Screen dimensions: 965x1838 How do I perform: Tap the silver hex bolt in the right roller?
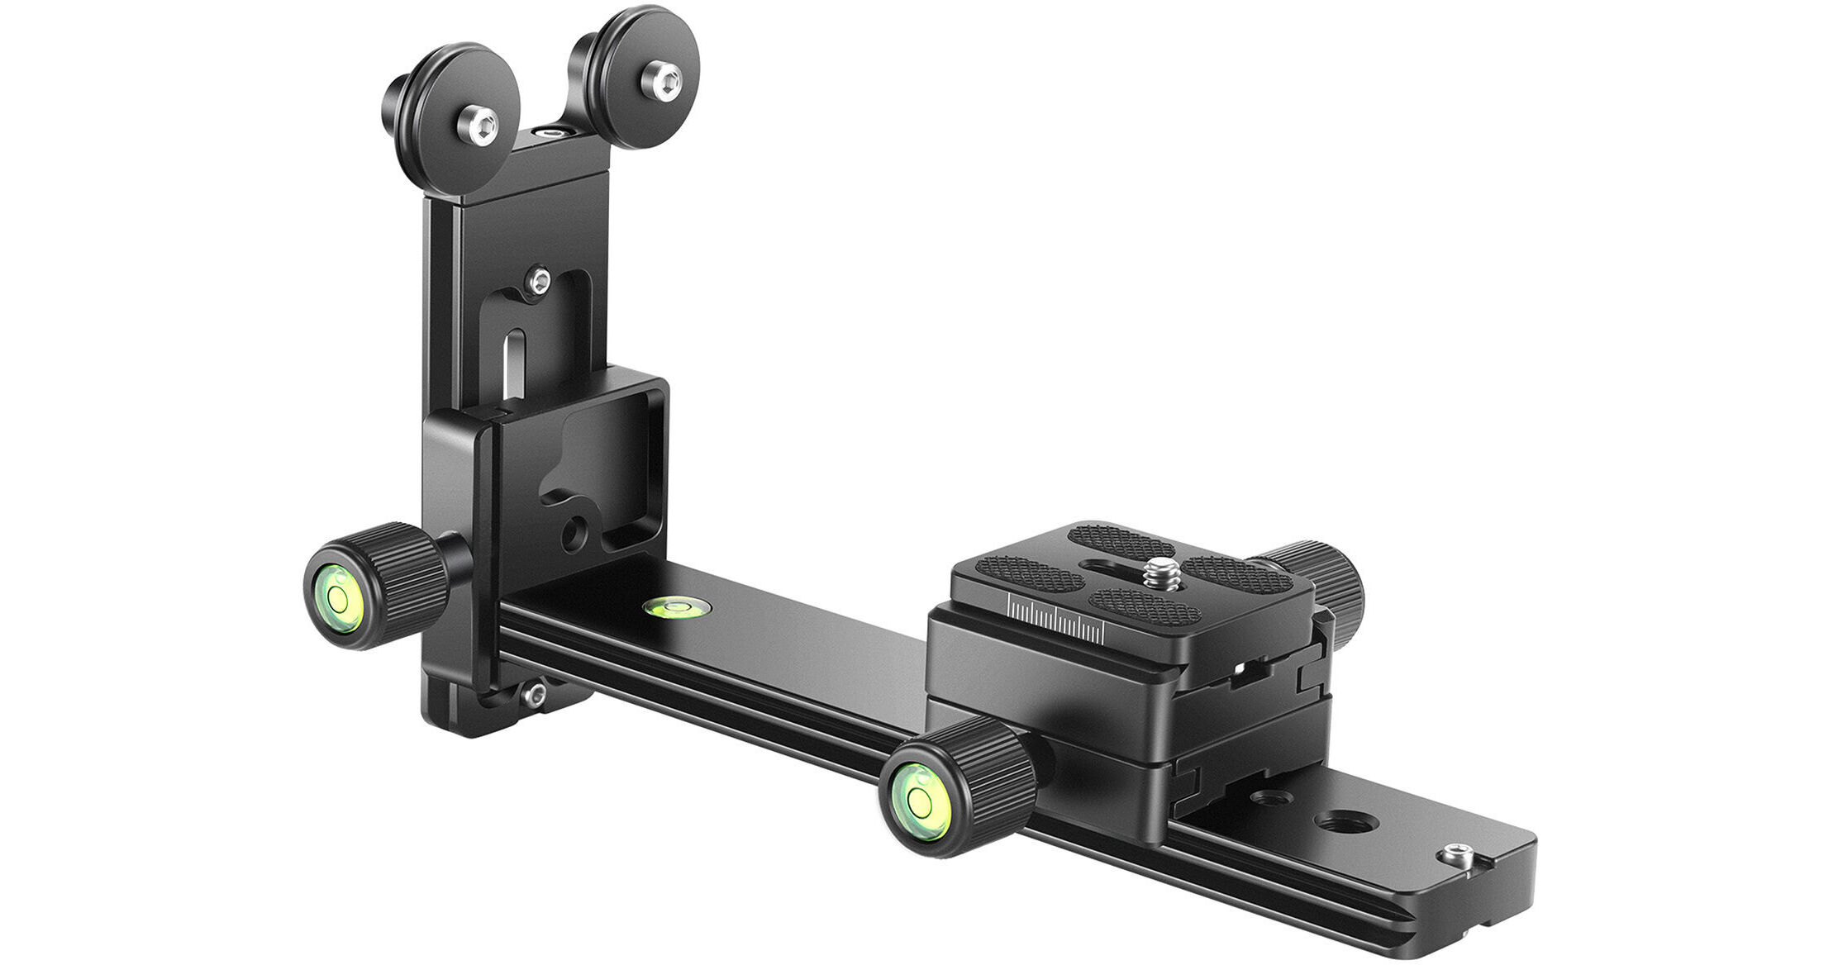pyautogui.click(x=662, y=81)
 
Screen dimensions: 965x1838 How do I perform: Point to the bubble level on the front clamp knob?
pyautogui.click(x=918, y=798)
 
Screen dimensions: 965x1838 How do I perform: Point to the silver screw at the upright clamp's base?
pyautogui.click(x=535, y=693)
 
